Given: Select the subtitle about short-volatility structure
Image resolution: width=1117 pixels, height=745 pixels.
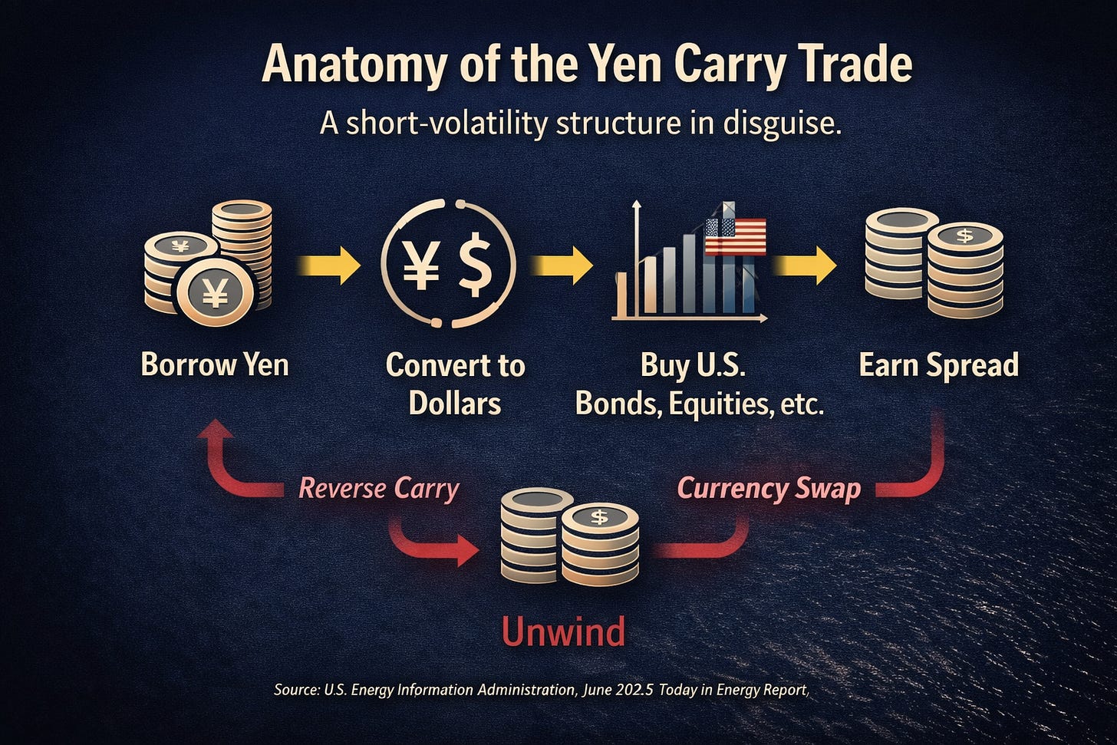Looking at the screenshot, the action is tap(580, 123).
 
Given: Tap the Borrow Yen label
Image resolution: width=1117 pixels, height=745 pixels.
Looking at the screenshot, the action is tap(215, 364).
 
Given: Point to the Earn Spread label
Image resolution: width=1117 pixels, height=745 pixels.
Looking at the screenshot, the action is tap(938, 364).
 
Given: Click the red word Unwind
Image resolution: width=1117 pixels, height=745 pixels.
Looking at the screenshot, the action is tap(563, 632).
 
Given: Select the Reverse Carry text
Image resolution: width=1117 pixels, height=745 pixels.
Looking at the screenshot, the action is tap(378, 488).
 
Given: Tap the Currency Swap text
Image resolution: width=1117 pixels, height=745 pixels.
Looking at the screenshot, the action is tap(769, 488).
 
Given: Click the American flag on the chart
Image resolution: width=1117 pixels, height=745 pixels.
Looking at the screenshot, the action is tap(735, 236).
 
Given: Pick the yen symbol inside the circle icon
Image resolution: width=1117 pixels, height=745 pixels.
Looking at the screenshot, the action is tap(421, 265).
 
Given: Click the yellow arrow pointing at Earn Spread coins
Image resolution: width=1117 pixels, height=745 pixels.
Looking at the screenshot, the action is tap(806, 265).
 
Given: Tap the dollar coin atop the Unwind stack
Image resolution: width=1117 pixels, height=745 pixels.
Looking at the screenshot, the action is tap(599, 519).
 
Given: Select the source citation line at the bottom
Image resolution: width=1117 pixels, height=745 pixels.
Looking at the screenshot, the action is tap(541, 690).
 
